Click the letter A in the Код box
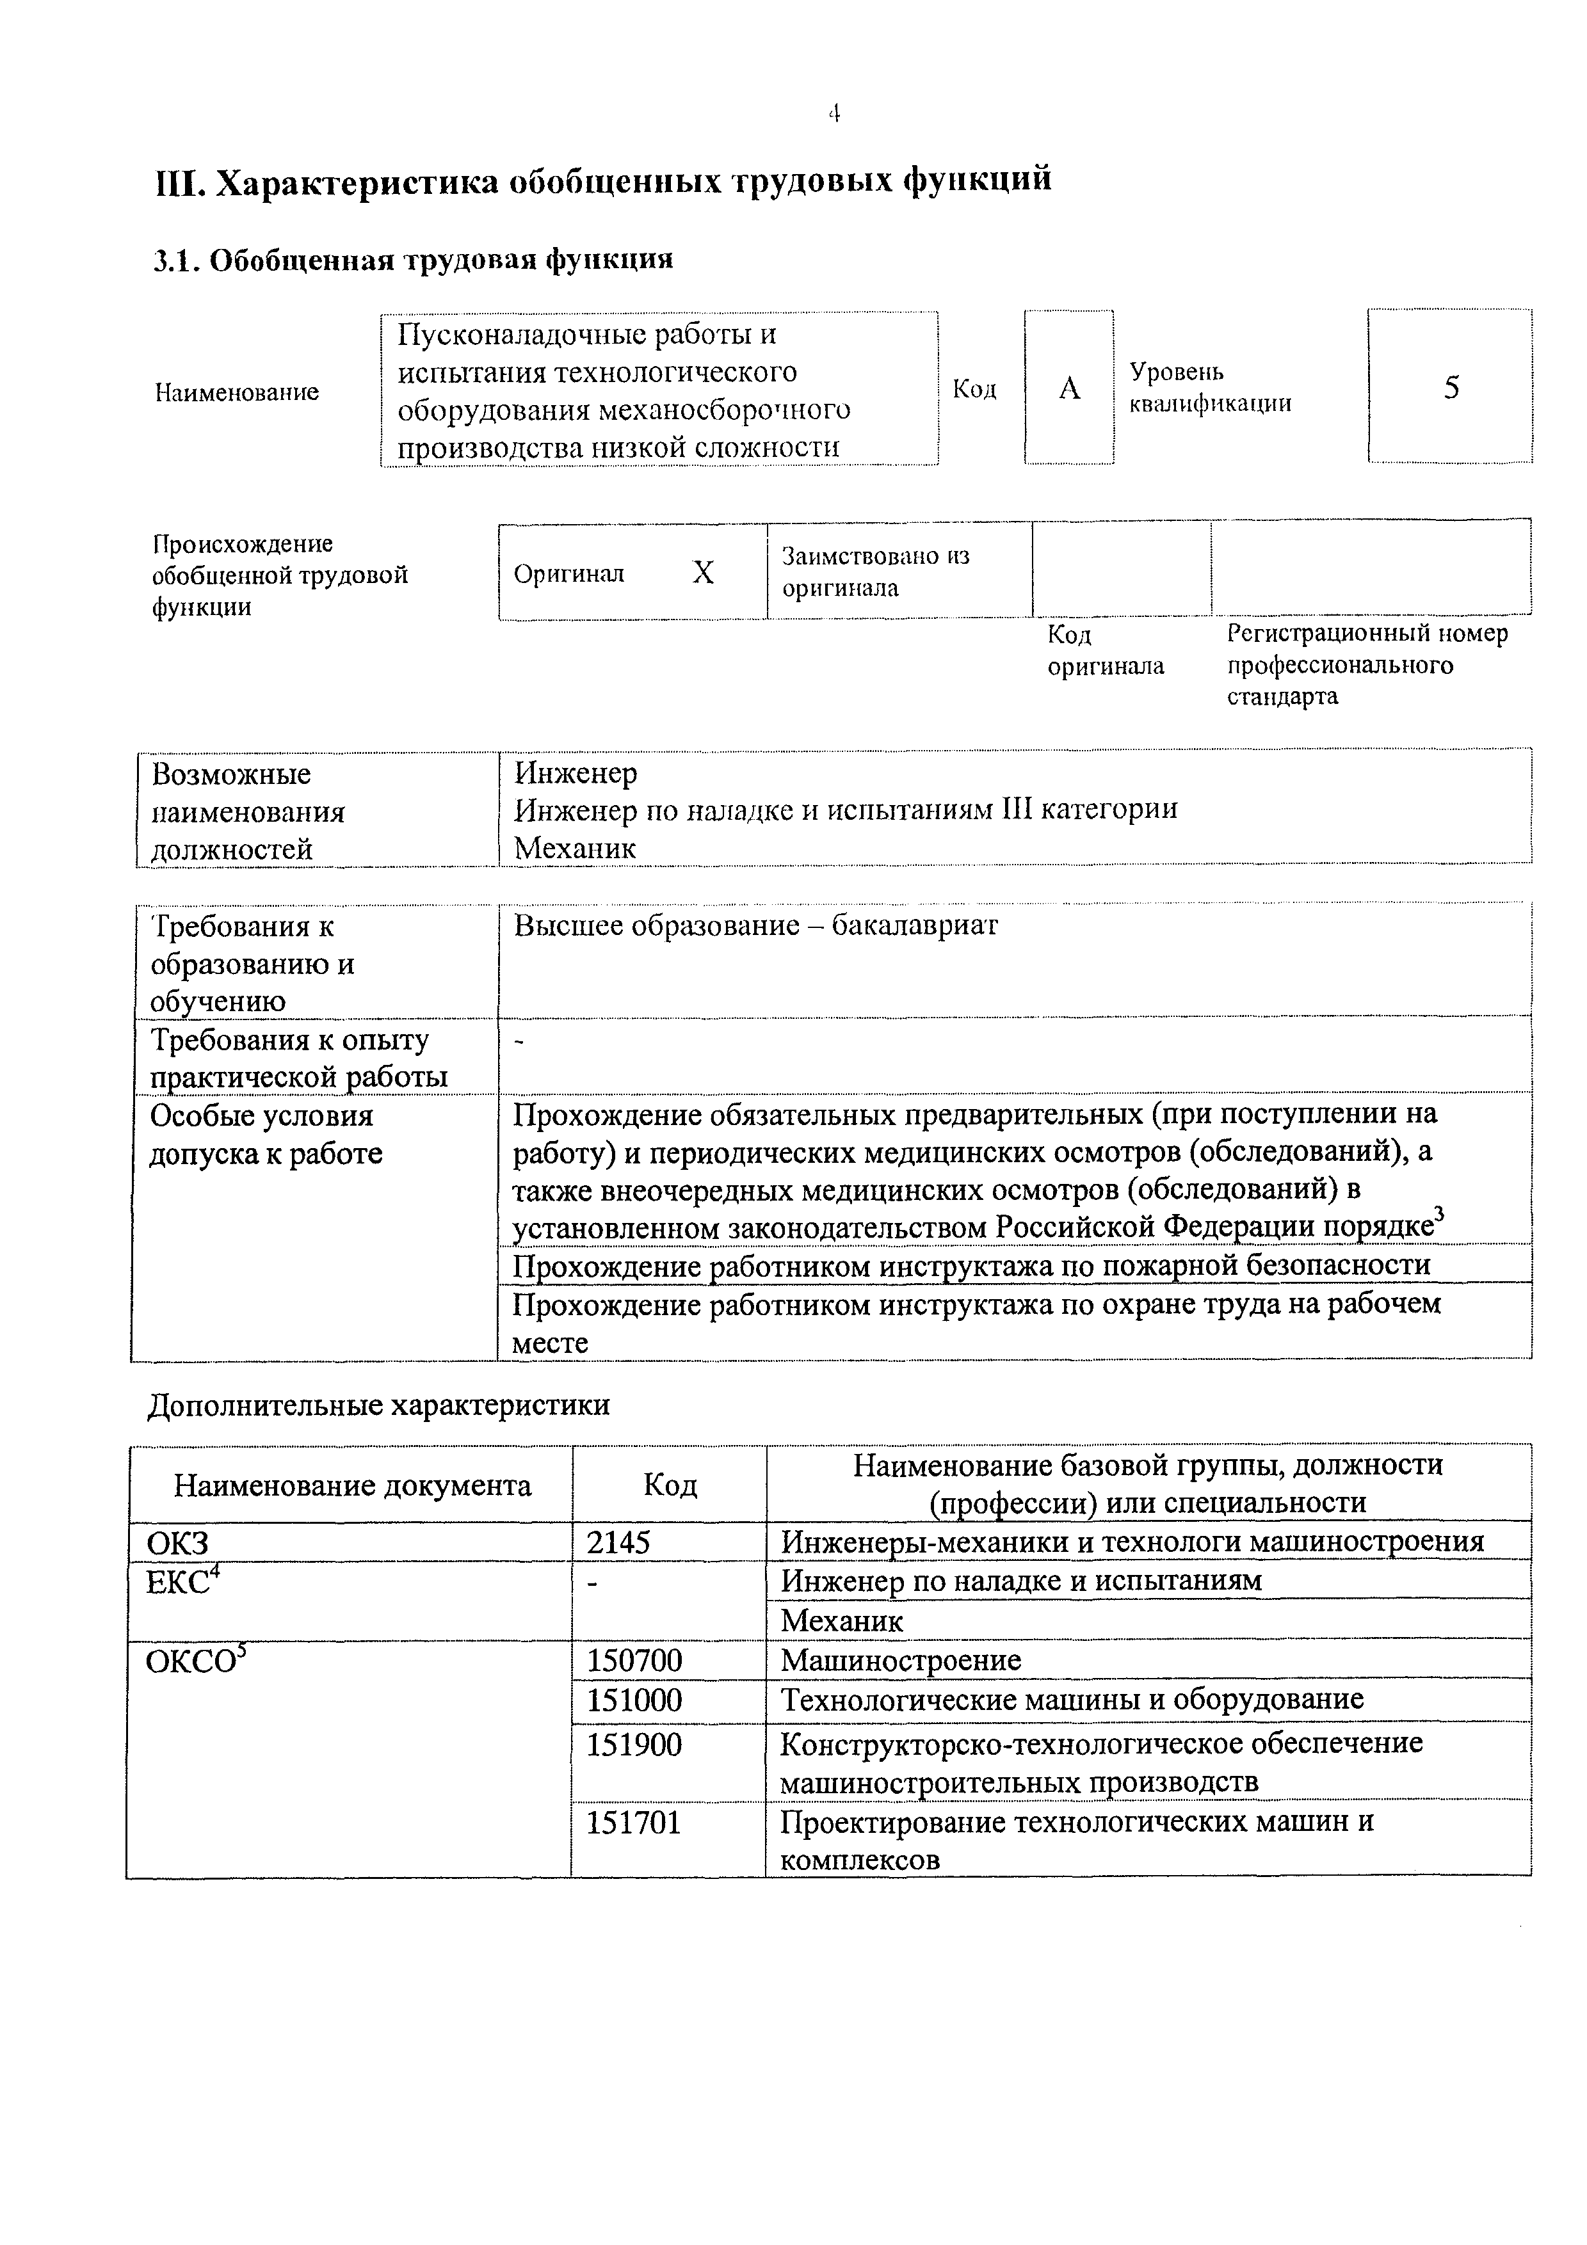(x=1070, y=389)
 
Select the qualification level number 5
(x=1451, y=388)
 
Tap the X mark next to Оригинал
(x=703, y=573)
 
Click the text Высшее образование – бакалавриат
(x=756, y=925)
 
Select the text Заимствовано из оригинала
(x=875, y=572)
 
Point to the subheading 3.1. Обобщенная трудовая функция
(x=414, y=259)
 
